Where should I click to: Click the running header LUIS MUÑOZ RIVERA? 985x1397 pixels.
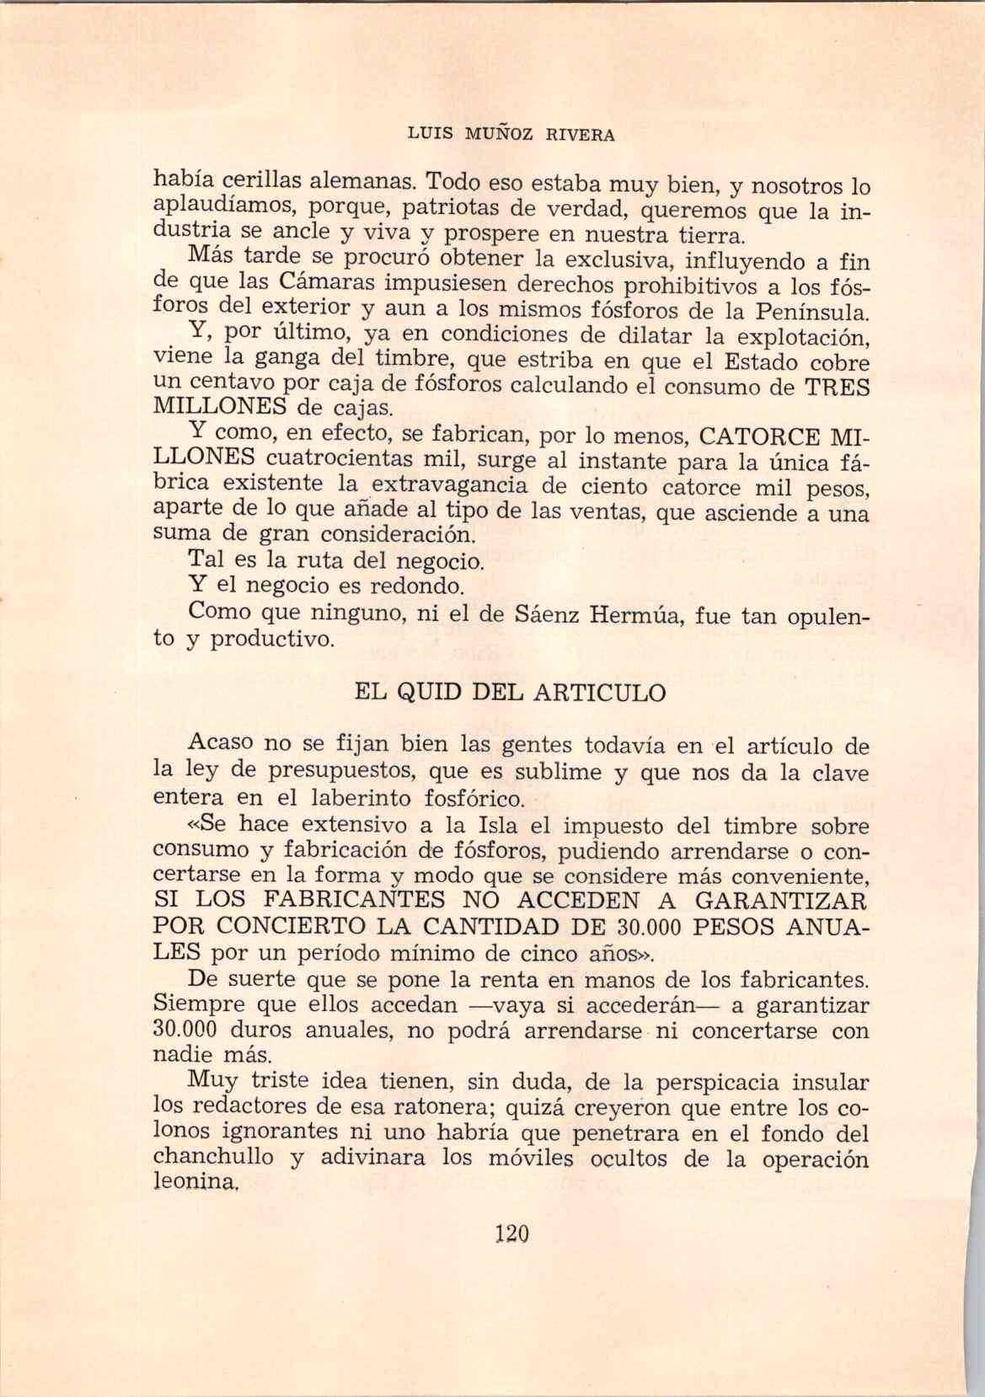511,133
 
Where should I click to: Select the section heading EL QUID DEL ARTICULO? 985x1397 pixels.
511,693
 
